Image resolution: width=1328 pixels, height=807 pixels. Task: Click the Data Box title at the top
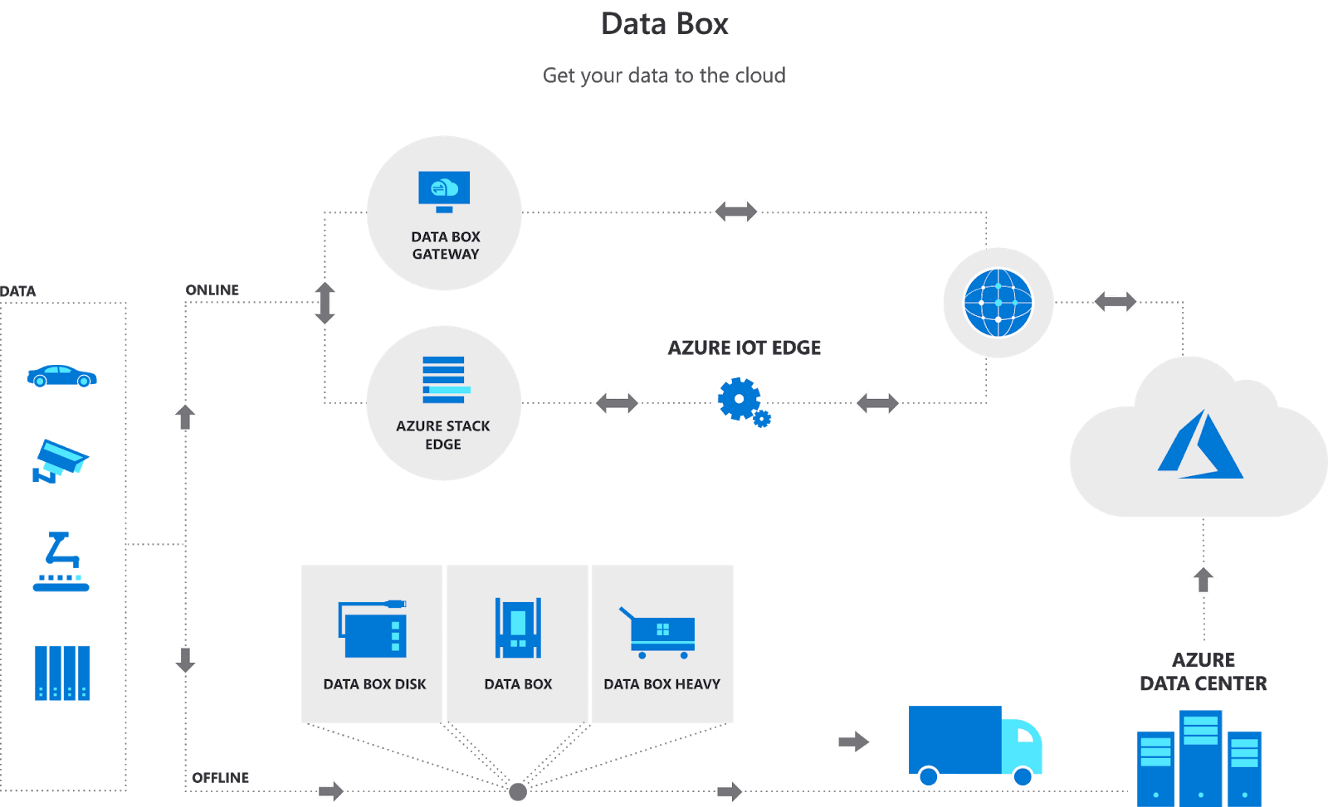[664, 24]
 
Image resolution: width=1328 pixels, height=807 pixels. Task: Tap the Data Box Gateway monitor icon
[444, 192]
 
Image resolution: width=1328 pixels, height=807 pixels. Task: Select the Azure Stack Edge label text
[443, 435]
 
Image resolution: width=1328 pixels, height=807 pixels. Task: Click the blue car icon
[61, 376]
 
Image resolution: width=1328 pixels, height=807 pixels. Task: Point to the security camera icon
[59, 461]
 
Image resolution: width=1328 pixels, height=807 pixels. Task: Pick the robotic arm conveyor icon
[61, 561]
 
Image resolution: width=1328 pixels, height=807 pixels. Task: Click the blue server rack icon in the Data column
[61, 673]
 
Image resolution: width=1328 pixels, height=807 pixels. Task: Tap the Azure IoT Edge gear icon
[740, 400]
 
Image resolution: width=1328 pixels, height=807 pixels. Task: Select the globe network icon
[998, 303]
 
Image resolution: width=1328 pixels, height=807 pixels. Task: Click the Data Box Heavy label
[662, 684]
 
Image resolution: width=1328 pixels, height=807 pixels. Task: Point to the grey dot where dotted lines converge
[518, 791]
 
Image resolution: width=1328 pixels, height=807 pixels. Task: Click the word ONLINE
[212, 290]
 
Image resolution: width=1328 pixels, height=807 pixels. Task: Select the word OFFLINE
[221, 777]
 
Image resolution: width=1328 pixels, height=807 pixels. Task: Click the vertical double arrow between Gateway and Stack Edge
[325, 303]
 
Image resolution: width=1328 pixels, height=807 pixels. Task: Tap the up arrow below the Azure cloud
[1203, 579]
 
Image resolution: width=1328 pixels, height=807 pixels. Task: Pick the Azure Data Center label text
[1203, 672]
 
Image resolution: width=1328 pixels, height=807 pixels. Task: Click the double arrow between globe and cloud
[1115, 301]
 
